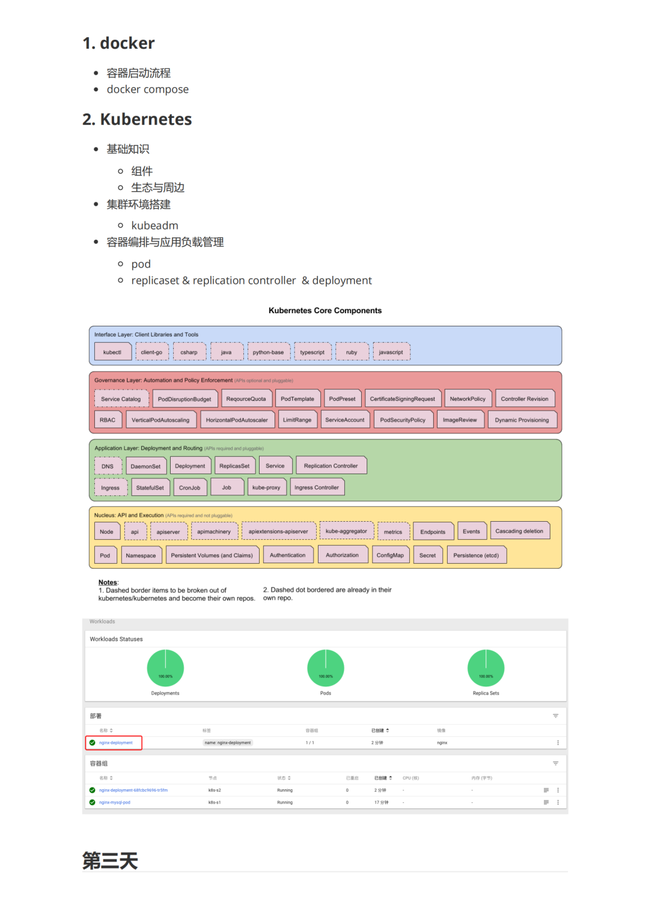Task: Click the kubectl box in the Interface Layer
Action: pyautogui.click(x=112, y=352)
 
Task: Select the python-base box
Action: pyautogui.click(x=268, y=352)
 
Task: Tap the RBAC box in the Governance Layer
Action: pyautogui.click(x=108, y=420)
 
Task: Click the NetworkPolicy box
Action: pyautogui.click(x=468, y=399)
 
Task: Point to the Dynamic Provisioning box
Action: pyautogui.click(x=522, y=420)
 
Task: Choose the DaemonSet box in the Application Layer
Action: pyautogui.click(x=145, y=466)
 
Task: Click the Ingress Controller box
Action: pyautogui.click(x=317, y=487)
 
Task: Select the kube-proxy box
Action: pyautogui.click(x=266, y=487)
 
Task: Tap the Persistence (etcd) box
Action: pyautogui.click(x=476, y=555)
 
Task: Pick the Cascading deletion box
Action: pyautogui.click(x=519, y=531)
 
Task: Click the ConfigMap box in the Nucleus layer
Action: pyautogui.click(x=390, y=555)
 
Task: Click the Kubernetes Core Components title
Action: pyautogui.click(x=325, y=311)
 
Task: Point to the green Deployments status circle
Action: pyautogui.click(x=165, y=668)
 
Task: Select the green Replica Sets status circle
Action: pyautogui.click(x=486, y=668)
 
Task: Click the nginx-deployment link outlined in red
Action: pyautogui.click(x=116, y=743)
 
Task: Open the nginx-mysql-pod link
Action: pyautogui.click(x=115, y=802)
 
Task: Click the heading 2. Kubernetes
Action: pyautogui.click(x=137, y=120)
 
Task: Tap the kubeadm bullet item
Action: pyautogui.click(x=154, y=225)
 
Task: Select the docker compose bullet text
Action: pyautogui.click(x=148, y=90)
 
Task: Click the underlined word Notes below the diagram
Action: pyautogui.click(x=108, y=582)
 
